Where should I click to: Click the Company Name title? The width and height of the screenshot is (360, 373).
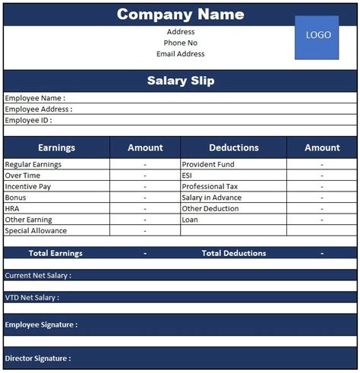pos(180,14)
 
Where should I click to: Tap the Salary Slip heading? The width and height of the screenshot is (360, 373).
pos(180,81)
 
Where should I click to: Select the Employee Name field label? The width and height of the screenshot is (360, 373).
pos(35,98)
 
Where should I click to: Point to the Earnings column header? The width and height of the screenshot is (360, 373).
pos(56,147)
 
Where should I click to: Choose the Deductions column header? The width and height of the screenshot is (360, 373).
pos(233,147)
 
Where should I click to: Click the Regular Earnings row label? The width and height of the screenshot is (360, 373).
pos(33,164)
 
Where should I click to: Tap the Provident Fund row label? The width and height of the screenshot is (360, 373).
pos(208,164)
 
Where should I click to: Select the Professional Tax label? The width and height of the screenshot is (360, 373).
pos(210,186)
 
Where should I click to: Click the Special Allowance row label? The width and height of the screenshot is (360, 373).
pos(36,230)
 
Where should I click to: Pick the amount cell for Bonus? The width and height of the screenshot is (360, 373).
pos(145,198)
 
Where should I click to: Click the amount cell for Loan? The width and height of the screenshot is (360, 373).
pos(322,220)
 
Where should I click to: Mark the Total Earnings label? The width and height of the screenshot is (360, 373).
pos(55,253)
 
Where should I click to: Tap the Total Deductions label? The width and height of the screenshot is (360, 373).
pos(234,253)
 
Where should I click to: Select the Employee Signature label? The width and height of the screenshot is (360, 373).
pos(41,324)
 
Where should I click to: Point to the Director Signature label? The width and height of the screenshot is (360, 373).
pos(38,358)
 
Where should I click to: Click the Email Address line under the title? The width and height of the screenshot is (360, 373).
pos(180,54)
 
